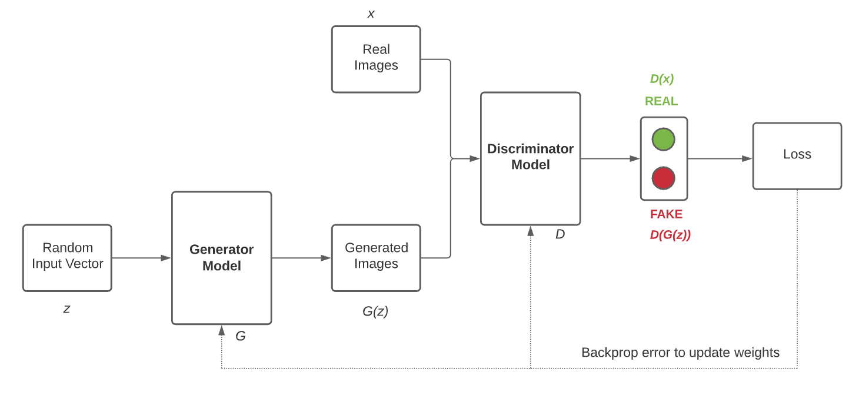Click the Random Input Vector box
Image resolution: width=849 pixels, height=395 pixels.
[67, 257]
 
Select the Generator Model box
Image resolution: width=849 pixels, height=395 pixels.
[221, 258]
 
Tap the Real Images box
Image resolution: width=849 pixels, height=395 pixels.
[376, 59]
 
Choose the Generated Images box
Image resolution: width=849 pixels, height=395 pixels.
[376, 257]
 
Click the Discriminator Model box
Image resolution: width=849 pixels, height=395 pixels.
[530, 158]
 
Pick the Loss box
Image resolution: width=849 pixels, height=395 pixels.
[797, 155]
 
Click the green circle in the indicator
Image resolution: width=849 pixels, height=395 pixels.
[663, 140]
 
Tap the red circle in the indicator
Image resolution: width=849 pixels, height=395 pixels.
[663, 178]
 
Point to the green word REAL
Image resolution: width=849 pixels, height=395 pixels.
[661, 101]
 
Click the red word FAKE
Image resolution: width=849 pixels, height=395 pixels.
[666, 214]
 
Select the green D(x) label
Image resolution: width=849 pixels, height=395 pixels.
[661, 79]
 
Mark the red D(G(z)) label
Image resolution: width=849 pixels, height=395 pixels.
[670, 235]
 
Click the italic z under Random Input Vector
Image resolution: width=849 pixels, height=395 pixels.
[66, 308]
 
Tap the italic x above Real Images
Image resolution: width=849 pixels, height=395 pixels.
[371, 14]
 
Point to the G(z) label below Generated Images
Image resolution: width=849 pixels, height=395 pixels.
[375, 311]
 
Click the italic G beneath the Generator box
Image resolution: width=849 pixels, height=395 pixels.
[240, 336]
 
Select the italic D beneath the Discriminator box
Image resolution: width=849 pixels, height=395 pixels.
[560, 234]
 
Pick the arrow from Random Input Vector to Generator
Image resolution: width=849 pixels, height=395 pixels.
[141, 258]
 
